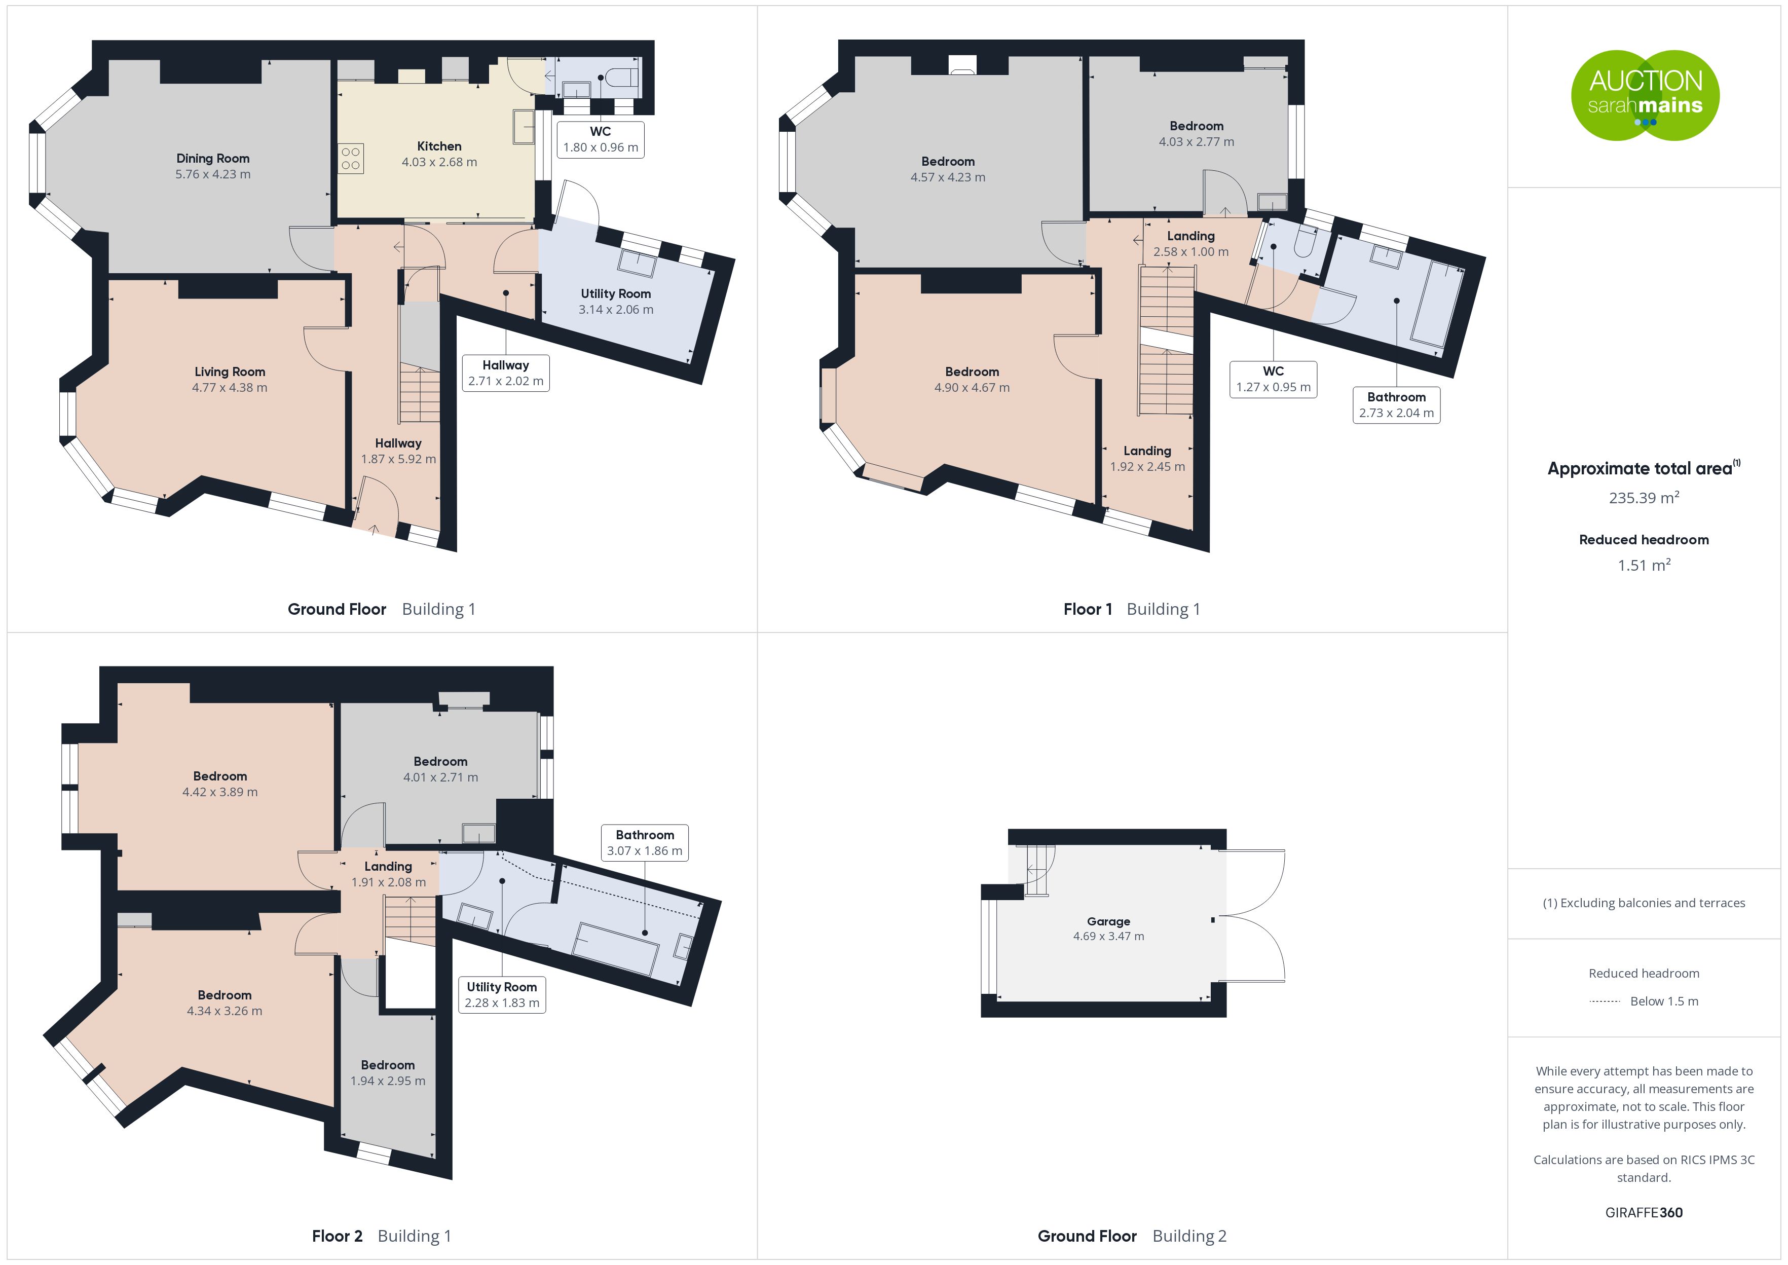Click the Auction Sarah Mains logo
click(x=1645, y=95)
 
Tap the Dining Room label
click(x=212, y=158)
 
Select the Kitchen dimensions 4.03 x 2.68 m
click(x=439, y=162)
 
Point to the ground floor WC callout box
click(x=601, y=139)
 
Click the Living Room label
click(x=230, y=371)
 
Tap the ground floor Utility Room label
click(x=616, y=293)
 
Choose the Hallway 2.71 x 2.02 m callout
click(x=505, y=373)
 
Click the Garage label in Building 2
click(x=1108, y=921)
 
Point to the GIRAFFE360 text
click(x=1644, y=1212)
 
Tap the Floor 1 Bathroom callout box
click(x=1396, y=405)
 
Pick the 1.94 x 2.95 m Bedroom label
click(x=388, y=1072)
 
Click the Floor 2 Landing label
click(x=388, y=866)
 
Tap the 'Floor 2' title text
click(x=337, y=1236)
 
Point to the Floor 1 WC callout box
click(x=1273, y=379)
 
